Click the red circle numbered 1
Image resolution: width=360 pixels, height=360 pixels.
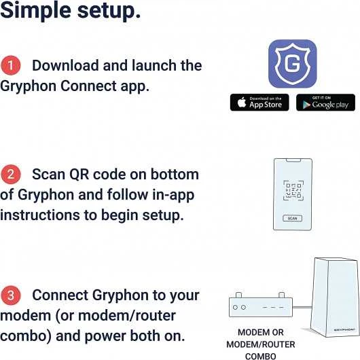point(11,65)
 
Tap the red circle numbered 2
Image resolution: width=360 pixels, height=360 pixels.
point(11,175)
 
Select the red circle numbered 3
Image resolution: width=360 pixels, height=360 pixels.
point(11,295)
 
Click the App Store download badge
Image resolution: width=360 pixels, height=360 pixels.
point(259,103)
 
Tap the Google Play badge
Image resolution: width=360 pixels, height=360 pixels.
point(325,103)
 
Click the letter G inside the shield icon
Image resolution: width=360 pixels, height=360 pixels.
point(292,64)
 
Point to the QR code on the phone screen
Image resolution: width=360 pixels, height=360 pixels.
point(293,190)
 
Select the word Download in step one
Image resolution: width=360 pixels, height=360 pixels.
point(65,65)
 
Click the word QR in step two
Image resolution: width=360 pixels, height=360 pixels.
point(79,175)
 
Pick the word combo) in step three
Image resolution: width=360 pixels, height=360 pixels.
point(26,336)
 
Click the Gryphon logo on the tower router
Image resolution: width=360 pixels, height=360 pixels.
point(344,329)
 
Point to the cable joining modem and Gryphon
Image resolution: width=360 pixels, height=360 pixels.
point(302,307)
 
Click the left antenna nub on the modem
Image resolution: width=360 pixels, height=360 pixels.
point(239,295)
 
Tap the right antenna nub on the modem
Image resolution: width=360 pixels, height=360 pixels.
point(281,295)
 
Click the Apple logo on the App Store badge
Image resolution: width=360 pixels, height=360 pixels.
point(242,102)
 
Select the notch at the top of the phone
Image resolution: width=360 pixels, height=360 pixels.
point(293,160)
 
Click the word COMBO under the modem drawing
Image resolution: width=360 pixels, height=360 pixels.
point(261,357)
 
